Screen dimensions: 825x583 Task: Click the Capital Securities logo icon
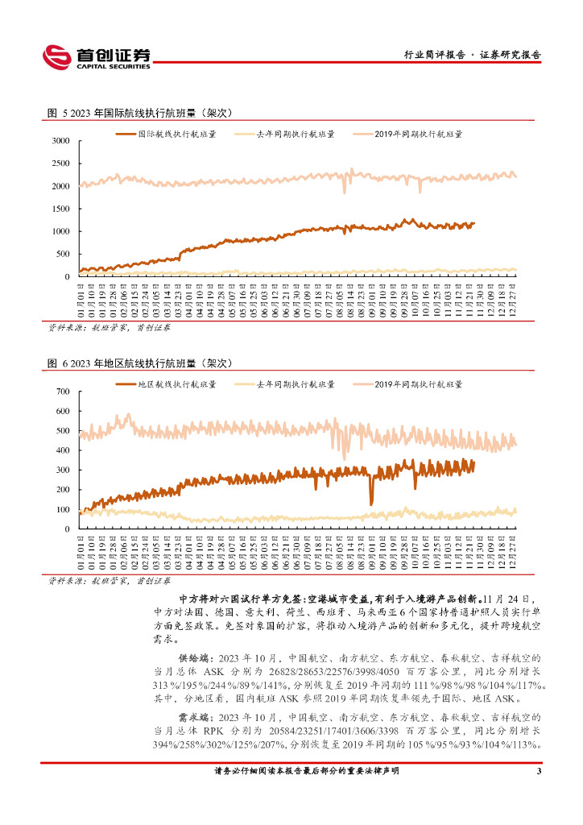pyautogui.click(x=56, y=56)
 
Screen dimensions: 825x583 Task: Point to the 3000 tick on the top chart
pyautogui.click(x=60, y=141)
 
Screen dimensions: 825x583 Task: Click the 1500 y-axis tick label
pyautogui.click(x=60, y=209)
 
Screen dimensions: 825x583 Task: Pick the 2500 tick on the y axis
pyautogui.click(x=60, y=164)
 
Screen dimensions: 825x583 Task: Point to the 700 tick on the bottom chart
pyautogui.click(x=64, y=392)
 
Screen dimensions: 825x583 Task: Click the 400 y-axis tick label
pyautogui.click(x=64, y=450)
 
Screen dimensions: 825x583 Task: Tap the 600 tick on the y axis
pyautogui.click(x=64, y=411)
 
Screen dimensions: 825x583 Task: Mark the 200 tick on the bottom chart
pyautogui.click(x=64, y=490)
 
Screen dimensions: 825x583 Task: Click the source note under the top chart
pyautogui.click(x=103, y=329)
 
